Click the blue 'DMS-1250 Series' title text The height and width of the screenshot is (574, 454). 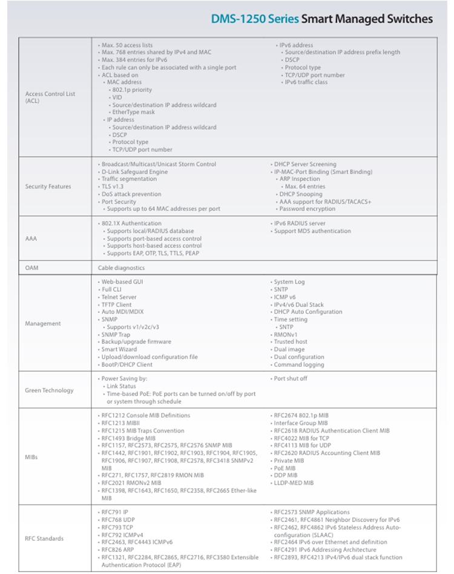pos(255,19)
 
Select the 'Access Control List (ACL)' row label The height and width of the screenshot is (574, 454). pos(50,97)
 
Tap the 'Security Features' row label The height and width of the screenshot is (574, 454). pos(48,187)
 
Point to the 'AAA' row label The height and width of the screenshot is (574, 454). pos(30,239)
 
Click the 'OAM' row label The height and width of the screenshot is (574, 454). pos(31,268)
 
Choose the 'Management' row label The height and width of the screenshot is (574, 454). pos(43,323)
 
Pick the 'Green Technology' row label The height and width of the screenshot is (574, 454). pos(49,390)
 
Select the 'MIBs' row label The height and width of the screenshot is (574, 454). pos(32,457)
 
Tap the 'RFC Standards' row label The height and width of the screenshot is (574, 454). pos(44,538)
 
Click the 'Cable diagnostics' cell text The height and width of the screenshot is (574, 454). pos(122,268)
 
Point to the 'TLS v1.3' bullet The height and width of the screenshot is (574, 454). pos(114,187)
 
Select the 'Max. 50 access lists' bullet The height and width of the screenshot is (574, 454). pos(127,45)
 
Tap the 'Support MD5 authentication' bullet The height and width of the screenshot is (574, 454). pos(312,231)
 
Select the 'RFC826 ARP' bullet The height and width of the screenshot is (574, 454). pos(119,550)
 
